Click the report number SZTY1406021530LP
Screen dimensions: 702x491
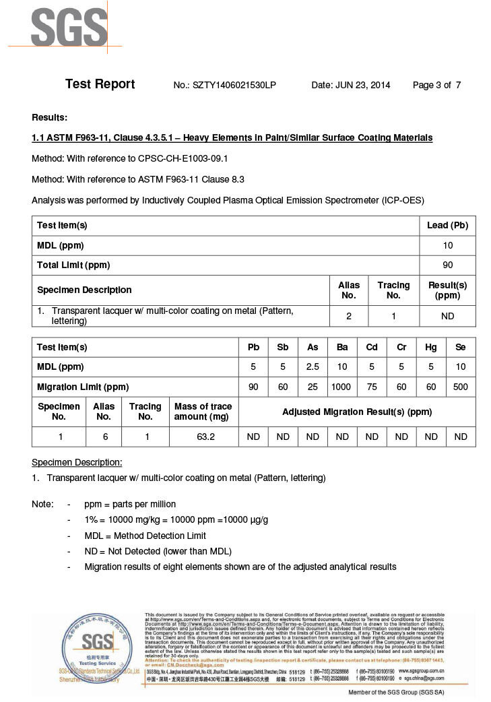(x=234, y=85)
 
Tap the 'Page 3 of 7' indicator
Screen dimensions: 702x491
(x=436, y=85)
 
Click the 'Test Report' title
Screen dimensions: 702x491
(x=100, y=84)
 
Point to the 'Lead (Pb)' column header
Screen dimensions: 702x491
(x=447, y=225)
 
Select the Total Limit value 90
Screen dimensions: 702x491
(x=447, y=265)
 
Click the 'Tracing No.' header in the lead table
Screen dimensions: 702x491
(x=393, y=290)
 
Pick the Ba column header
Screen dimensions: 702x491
(x=342, y=347)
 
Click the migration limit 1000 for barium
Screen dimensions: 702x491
(x=342, y=387)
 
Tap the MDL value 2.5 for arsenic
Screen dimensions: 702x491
(x=313, y=367)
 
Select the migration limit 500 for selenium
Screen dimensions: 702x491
(x=461, y=387)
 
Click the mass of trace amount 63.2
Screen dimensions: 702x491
(x=203, y=437)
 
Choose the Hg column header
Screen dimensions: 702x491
(x=431, y=347)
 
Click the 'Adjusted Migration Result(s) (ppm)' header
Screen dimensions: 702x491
(x=357, y=412)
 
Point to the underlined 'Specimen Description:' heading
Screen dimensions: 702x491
(x=77, y=462)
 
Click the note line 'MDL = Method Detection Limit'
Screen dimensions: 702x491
(x=145, y=536)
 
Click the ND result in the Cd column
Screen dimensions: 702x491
(x=372, y=437)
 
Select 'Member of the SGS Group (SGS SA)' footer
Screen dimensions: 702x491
(x=396, y=693)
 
